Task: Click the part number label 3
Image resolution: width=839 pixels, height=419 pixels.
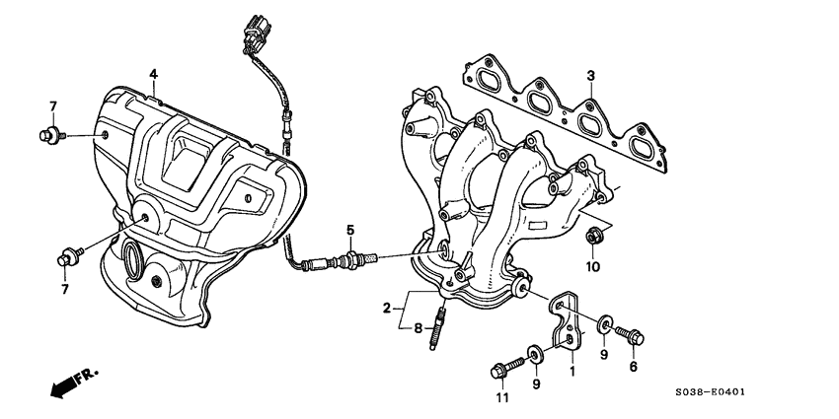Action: pos(590,76)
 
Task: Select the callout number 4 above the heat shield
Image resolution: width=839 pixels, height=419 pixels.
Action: pos(153,74)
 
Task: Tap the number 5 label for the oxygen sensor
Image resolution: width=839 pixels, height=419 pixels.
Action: pos(349,231)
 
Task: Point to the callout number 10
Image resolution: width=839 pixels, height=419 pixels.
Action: pos(592,267)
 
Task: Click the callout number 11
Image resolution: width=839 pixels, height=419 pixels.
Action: pos(499,398)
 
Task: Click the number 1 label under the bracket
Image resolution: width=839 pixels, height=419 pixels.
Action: pos(570,373)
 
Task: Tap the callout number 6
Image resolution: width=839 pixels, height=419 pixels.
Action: pos(633,366)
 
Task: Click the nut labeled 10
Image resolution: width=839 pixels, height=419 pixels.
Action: pos(594,237)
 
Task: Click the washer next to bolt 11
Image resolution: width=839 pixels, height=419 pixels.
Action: pos(534,353)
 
